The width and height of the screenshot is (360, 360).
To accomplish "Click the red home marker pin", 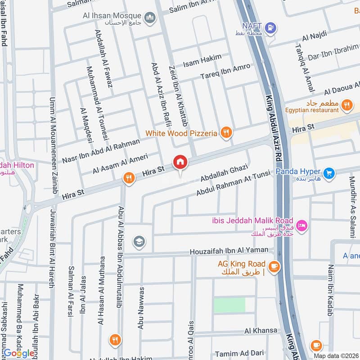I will tap(180, 162).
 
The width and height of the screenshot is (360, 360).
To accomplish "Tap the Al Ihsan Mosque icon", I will tap(150, 18).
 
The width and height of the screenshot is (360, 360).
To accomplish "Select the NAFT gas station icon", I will tap(270, 28).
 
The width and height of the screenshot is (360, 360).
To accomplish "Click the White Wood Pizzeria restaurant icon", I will tap(226, 132).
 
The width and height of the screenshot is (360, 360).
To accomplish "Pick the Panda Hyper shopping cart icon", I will tap(329, 172).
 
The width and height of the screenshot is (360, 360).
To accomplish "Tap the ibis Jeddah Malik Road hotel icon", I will tap(301, 225).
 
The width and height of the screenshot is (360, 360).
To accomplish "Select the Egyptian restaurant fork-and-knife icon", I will tap(346, 106).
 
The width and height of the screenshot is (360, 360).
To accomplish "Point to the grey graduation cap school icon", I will tap(139, 242).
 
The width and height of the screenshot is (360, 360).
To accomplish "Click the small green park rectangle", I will tap(229, 305).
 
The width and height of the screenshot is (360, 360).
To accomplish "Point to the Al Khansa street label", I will tap(261, 330).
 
